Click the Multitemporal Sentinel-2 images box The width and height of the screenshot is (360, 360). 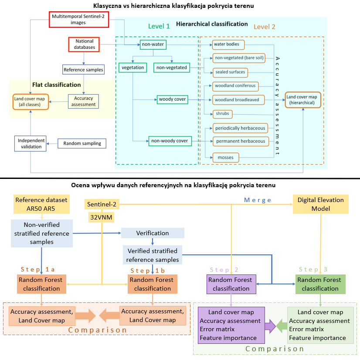(x=79, y=20)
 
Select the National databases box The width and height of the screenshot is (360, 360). (x=84, y=45)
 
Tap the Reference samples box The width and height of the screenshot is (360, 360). (x=83, y=70)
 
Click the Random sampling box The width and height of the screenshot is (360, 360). (x=82, y=144)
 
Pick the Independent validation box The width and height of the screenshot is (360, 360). (x=31, y=144)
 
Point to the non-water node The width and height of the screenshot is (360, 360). (x=153, y=45)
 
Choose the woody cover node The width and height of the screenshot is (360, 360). (x=173, y=99)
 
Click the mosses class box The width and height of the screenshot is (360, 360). (x=226, y=158)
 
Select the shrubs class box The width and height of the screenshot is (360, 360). (x=222, y=114)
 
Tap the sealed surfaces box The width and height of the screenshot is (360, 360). (x=230, y=72)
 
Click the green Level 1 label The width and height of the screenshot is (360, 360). (x=159, y=26)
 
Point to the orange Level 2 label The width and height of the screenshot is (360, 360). (x=264, y=27)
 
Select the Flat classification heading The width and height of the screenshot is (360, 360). (x=57, y=85)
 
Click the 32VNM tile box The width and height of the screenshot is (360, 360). (x=101, y=217)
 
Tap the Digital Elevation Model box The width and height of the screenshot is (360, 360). (x=320, y=204)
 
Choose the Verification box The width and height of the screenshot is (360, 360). (x=153, y=233)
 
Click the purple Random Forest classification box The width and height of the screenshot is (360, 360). (x=231, y=284)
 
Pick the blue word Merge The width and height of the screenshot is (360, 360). (x=258, y=200)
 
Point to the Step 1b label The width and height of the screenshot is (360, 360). (x=148, y=271)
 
